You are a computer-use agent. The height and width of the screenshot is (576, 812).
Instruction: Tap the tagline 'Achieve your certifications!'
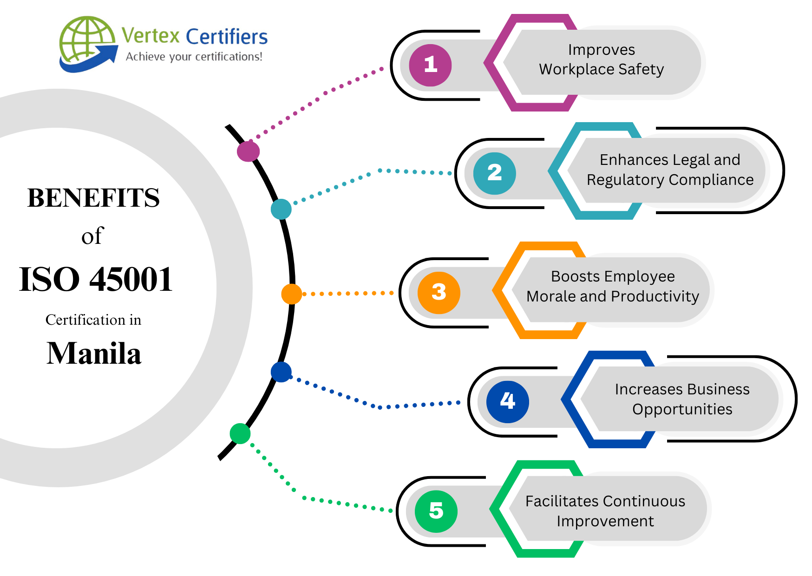tap(194, 57)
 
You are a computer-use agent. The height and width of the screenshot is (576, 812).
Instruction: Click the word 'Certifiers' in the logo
tap(227, 36)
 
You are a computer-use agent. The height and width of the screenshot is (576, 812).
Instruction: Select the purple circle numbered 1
tap(430, 65)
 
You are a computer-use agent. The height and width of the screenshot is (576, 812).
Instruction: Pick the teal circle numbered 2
tap(494, 173)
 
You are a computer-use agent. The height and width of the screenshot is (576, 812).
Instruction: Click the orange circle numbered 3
tap(439, 293)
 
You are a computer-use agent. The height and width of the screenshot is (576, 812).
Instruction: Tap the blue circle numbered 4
tap(507, 401)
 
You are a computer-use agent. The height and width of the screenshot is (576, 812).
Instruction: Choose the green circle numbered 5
tap(436, 511)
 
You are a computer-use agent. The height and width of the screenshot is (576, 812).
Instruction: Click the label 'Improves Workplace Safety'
tap(601, 59)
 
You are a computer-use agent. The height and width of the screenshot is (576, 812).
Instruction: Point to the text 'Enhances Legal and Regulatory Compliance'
tap(669, 170)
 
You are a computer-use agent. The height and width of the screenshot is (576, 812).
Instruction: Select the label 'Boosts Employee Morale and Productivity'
tap(612, 286)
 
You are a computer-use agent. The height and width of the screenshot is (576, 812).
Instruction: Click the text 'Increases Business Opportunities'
tap(682, 399)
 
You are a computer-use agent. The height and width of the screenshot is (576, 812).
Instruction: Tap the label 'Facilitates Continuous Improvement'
tap(605, 511)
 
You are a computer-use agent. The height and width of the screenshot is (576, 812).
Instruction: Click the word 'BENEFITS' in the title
tap(93, 198)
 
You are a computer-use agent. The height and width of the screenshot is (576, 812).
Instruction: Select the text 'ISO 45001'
tap(96, 280)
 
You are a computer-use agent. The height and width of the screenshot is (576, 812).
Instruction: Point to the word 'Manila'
tap(94, 353)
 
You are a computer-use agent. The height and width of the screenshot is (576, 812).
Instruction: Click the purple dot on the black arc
tap(248, 151)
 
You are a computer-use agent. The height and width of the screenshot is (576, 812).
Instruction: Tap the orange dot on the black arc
tap(291, 294)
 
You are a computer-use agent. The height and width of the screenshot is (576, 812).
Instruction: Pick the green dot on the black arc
tap(240, 433)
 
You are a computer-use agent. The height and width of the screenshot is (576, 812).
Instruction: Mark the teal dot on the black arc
tap(281, 209)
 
